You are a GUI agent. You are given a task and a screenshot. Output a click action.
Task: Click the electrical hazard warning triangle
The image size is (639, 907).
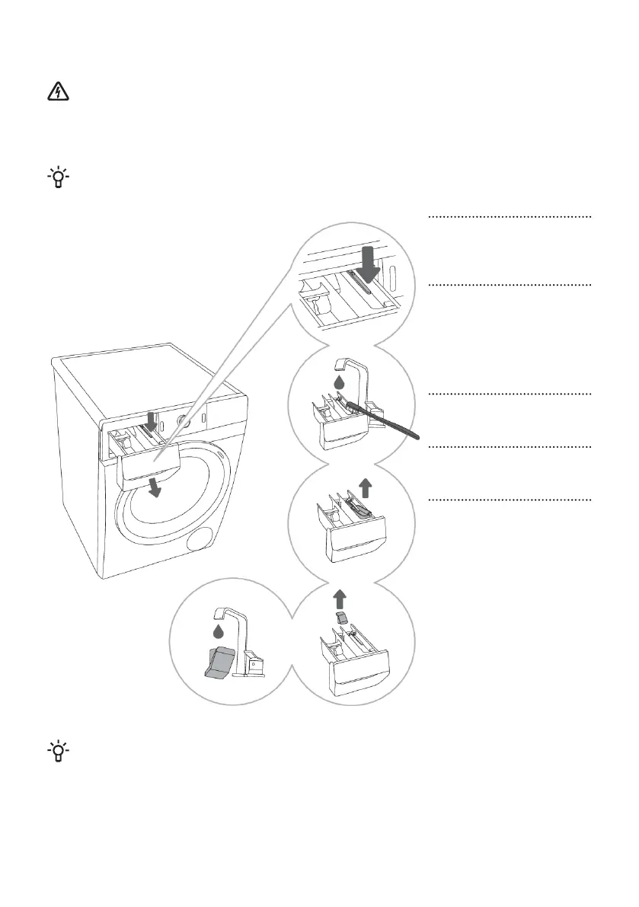pos(58,93)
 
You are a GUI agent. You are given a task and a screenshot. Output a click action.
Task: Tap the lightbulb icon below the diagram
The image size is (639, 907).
pos(58,751)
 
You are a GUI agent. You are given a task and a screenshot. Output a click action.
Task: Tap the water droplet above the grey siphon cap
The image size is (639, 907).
pos(219,631)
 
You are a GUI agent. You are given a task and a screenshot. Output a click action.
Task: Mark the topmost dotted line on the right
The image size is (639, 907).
pos(510,217)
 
